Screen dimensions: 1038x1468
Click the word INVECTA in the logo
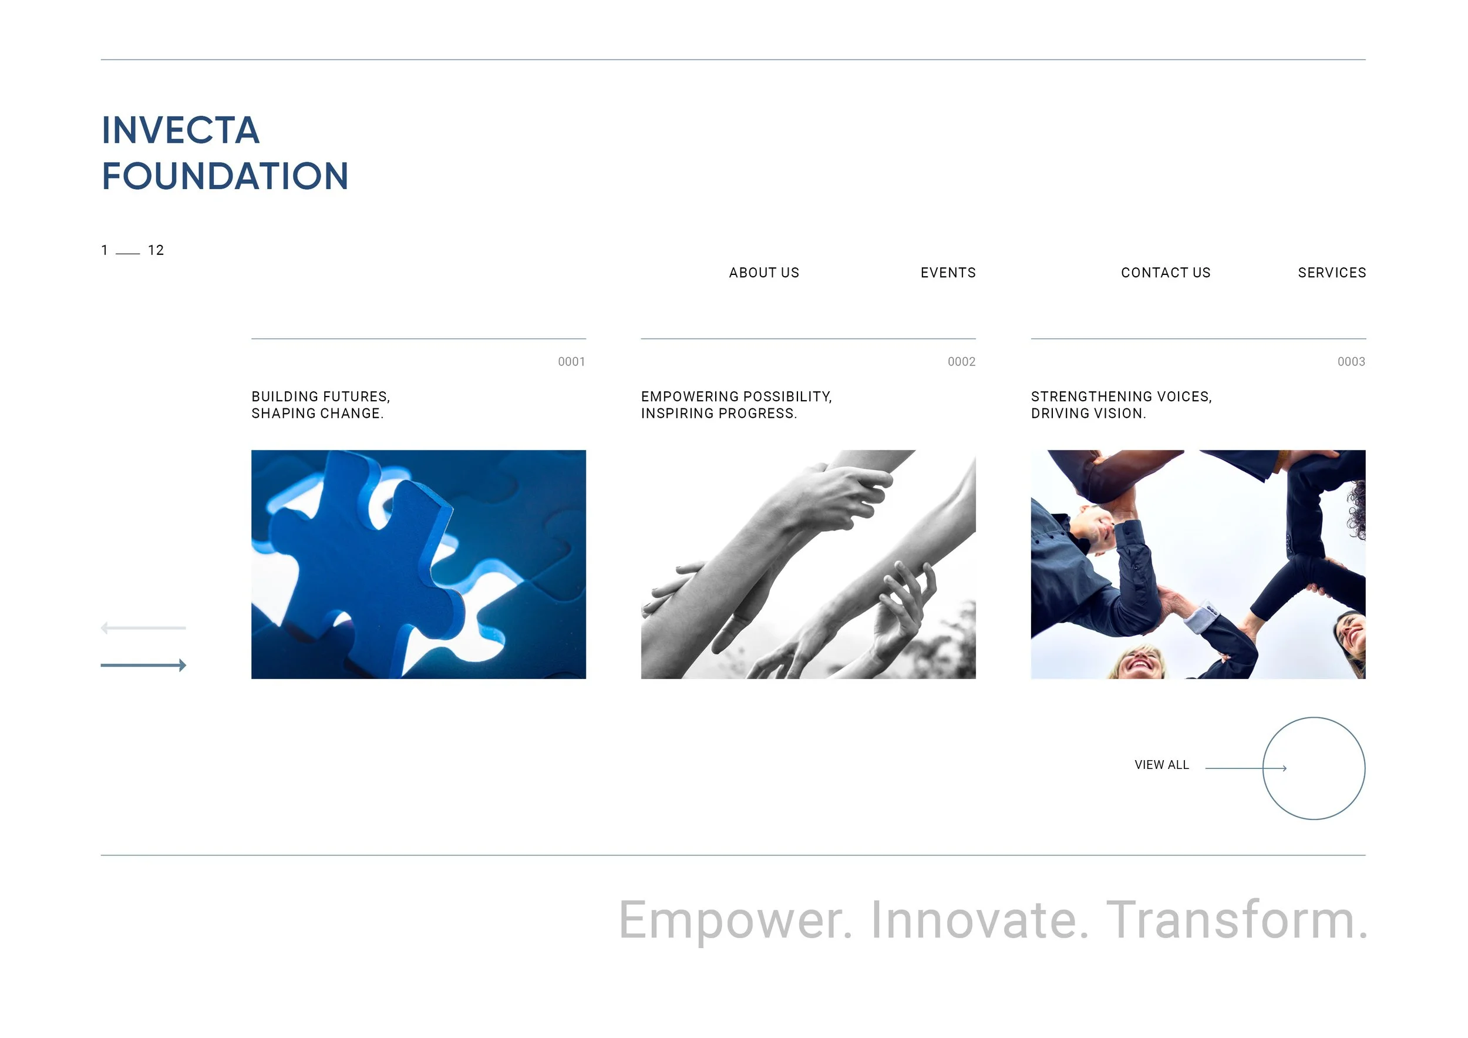[x=181, y=130]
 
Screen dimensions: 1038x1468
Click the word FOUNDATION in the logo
[x=225, y=176]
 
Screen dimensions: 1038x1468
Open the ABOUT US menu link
[x=764, y=273]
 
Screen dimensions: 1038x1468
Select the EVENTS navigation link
[x=948, y=273]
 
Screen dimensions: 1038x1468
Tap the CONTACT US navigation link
[x=1166, y=273]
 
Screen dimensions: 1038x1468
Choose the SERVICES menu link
[x=1332, y=273]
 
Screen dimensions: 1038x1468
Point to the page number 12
[x=156, y=251]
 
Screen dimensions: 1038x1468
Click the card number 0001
[x=571, y=362]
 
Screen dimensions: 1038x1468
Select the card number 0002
[x=961, y=362]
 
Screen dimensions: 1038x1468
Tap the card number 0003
[x=1351, y=362]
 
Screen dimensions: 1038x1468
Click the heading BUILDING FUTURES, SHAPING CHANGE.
[x=321, y=405]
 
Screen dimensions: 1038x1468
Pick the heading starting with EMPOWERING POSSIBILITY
[x=736, y=405]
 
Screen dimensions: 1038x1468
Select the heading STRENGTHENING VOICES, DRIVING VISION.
[x=1122, y=405]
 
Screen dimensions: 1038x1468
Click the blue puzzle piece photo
[x=418, y=564]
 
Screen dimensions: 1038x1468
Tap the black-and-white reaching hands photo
[x=808, y=564]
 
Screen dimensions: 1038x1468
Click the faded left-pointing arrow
[x=143, y=628]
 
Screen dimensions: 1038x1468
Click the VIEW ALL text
[x=1161, y=765]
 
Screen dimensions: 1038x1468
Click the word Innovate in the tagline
[x=979, y=921]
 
